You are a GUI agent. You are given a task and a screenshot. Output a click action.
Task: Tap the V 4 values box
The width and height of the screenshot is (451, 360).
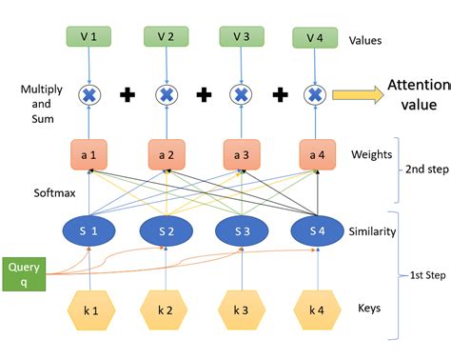(x=314, y=37)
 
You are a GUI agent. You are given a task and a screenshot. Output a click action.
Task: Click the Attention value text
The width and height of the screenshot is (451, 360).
(x=417, y=94)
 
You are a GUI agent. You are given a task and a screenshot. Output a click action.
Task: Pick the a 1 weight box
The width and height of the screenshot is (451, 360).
(x=90, y=153)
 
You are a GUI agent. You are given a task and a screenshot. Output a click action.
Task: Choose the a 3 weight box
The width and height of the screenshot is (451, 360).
(x=241, y=153)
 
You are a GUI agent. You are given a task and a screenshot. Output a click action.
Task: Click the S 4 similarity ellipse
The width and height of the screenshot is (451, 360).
(x=315, y=231)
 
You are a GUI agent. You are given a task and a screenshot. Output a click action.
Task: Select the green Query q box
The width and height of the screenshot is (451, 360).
(x=23, y=273)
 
